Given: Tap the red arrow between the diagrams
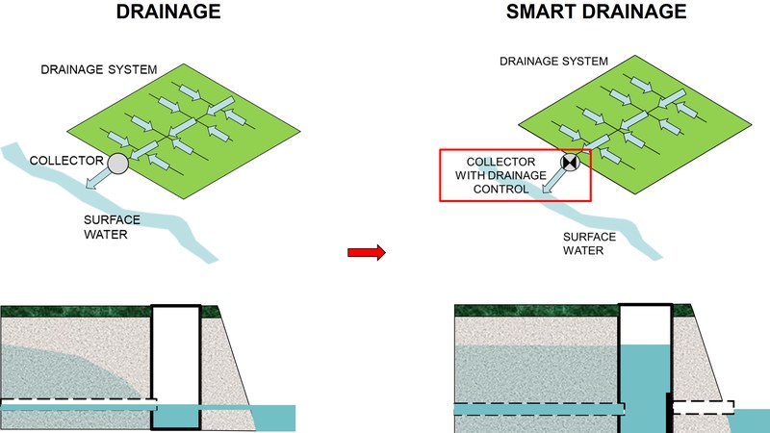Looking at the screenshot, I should (x=366, y=252).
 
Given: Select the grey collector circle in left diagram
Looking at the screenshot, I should (x=117, y=164).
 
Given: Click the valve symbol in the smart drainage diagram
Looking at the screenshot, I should (x=570, y=163).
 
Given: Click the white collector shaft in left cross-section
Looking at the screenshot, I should (x=175, y=356).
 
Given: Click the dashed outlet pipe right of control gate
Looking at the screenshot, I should (x=703, y=407).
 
